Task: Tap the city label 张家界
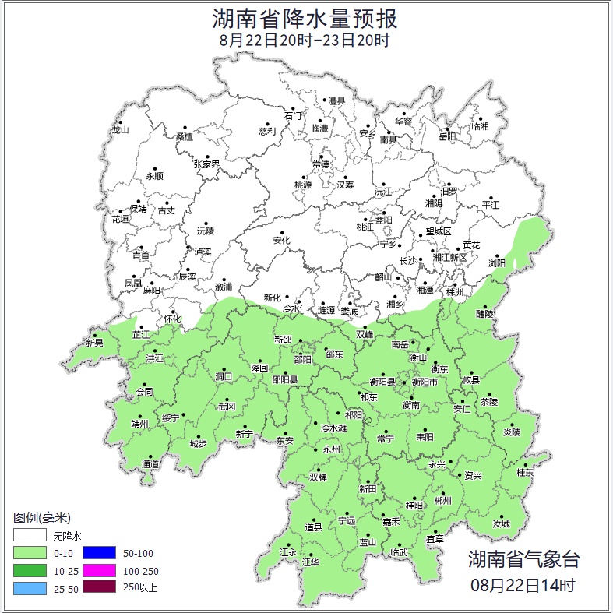pos(206,164)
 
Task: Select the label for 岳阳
pos(447,136)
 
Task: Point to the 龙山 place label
pos(119,130)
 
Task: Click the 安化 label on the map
pos(281,241)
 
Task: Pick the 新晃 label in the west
pos(94,343)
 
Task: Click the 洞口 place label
pos(224,377)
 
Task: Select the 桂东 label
pos(526,472)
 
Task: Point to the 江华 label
pos(310,562)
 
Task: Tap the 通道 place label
pos(150,465)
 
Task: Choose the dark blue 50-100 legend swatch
pos(97,554)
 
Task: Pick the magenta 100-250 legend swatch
pos(97,571)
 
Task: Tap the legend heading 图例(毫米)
pos(42,518)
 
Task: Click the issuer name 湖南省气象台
pos(523,559)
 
